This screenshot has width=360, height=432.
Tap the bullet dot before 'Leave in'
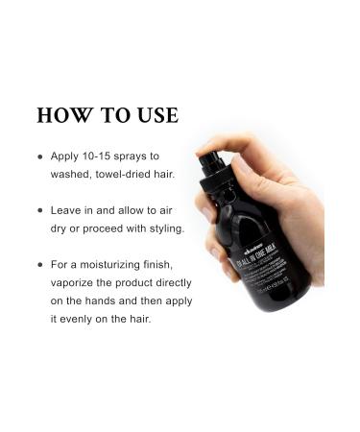click(x=40, y=210)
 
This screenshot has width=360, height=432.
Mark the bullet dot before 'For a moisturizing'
click(x=40, y=262)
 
